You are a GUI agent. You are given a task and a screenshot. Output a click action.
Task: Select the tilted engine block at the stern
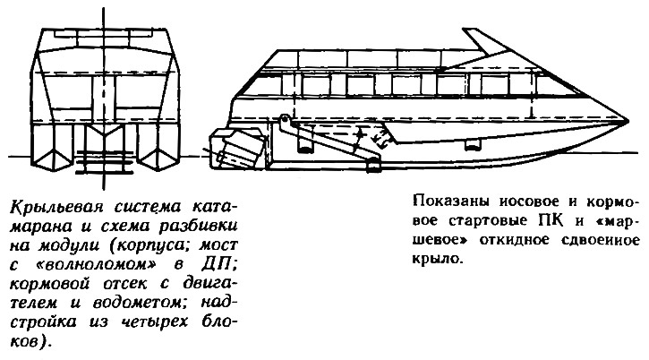tap(240, 149)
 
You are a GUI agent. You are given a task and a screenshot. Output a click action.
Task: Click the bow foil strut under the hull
tap(472, 144)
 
